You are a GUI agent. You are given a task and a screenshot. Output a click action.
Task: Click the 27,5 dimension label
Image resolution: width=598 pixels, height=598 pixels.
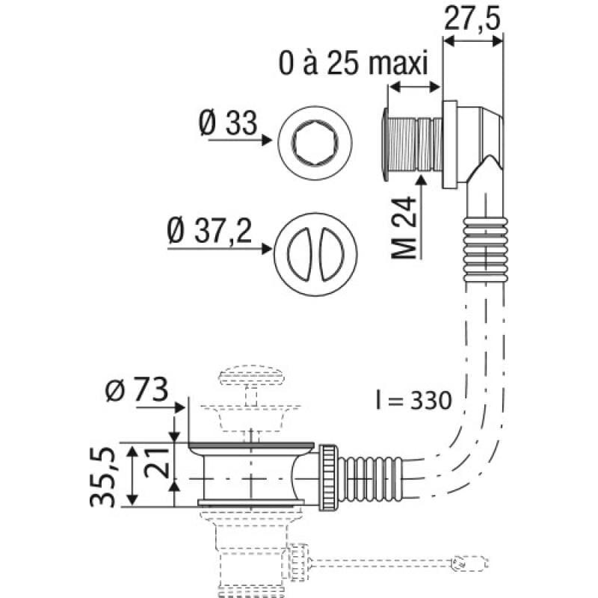tap(472, 18)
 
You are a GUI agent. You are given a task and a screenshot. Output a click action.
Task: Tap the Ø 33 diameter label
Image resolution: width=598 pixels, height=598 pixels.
tap(227, 121)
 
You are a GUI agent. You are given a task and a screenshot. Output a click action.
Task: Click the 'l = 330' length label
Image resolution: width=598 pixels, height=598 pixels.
tap(413, 400)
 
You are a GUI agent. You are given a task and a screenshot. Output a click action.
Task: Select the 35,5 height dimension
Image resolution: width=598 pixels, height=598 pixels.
tap(105, 476)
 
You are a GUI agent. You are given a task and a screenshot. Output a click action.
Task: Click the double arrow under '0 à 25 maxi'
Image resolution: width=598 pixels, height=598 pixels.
tap(413, 88)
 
